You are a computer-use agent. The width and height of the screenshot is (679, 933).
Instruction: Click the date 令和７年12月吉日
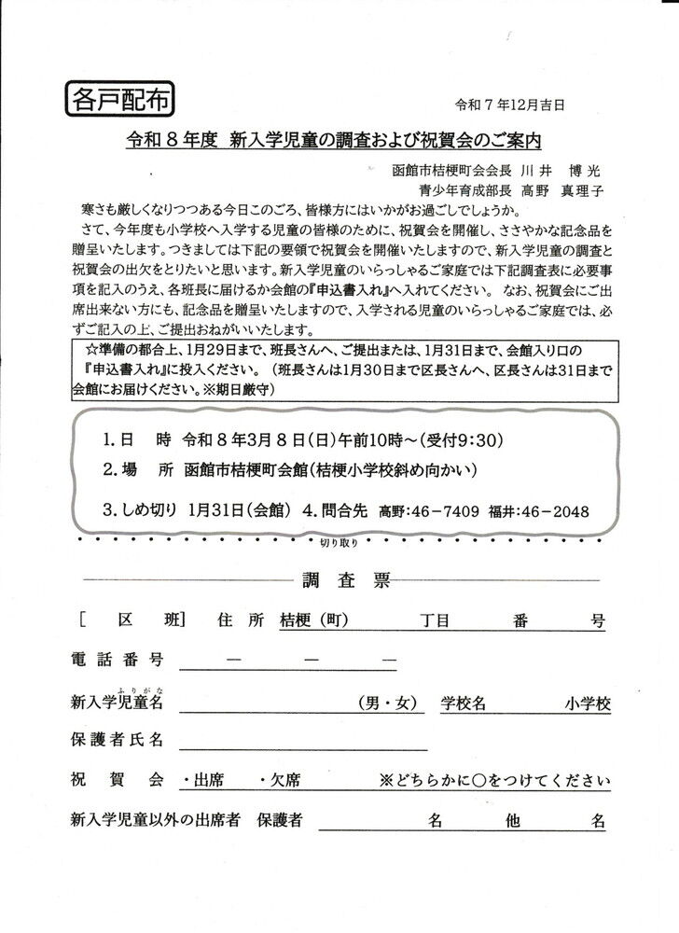pos(510,105)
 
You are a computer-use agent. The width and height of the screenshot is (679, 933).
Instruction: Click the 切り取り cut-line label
pos(339,541)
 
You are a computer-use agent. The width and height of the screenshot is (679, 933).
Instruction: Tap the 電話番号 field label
pos(117,660)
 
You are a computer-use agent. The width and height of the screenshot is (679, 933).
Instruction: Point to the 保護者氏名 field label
pos(117,740)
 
